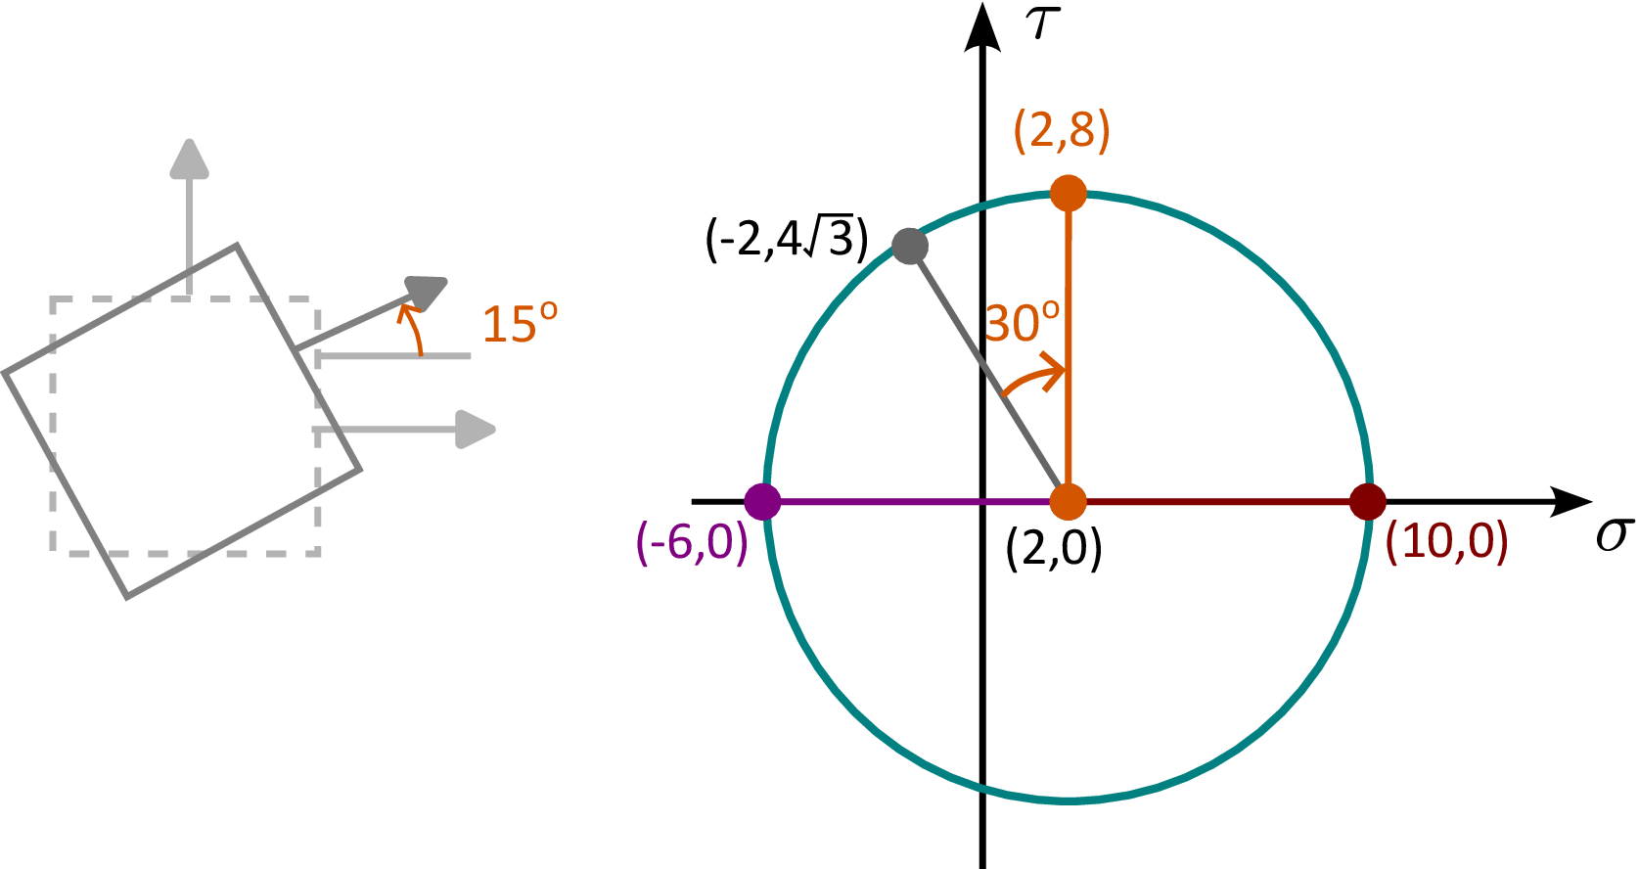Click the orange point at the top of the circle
tap(1069, 194)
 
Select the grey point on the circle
tap(910, 247)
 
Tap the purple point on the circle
tap(763, 502)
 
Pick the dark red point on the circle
tap(1368, 502)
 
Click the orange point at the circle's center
tap(1069, 502)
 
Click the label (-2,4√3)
tap(787, 240)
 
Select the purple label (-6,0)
tap(692, 543)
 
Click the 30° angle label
tap(1023, 323)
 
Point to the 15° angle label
tap(520, 323)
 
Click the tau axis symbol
tap(1043, 23)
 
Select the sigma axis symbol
tap(1615, 536)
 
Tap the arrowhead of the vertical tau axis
tap(982, 26)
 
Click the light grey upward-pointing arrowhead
tap(190, 158)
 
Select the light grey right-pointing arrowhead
tap(476, 430)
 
